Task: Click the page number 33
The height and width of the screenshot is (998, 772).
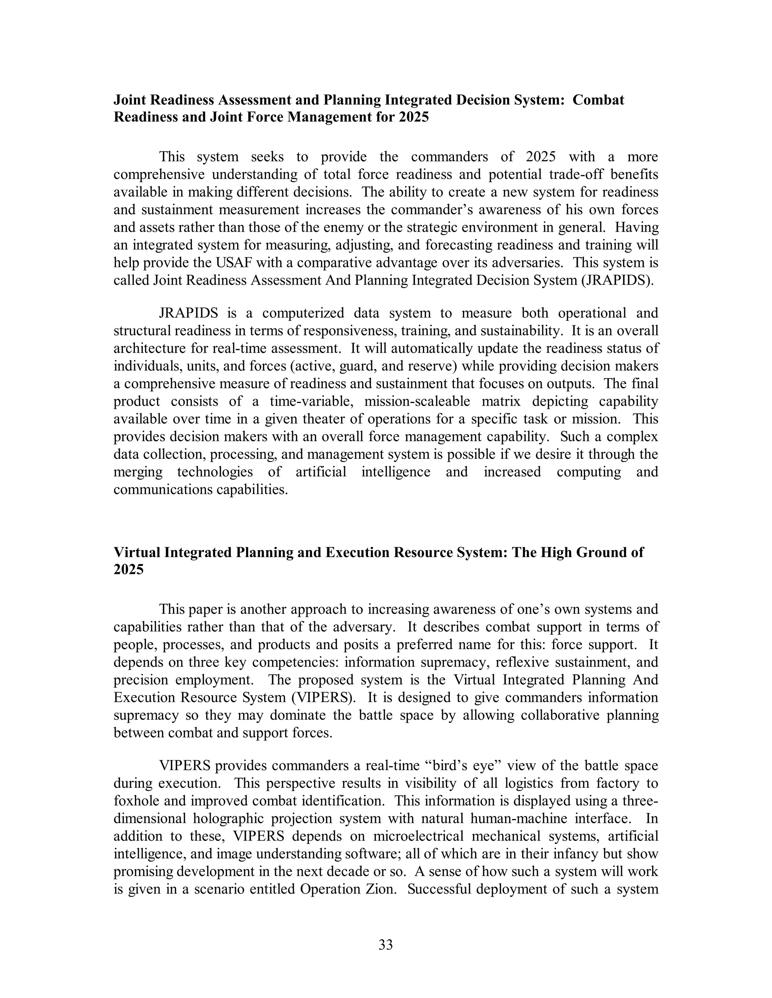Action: [386, 945]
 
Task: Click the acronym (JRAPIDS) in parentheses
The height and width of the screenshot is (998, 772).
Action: [617, 280]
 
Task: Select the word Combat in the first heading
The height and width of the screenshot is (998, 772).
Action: [598, 100]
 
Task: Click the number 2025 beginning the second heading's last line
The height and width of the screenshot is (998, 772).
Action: [129, 569]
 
